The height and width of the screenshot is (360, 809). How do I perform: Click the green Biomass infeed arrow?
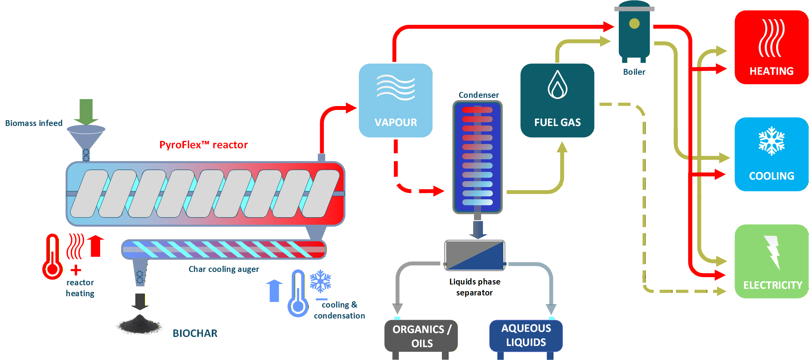[86, 111]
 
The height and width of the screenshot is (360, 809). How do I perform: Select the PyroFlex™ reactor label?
[204, 145]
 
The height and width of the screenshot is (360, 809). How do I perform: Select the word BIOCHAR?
[195, 333]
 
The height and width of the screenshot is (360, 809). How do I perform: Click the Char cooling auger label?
[223, 269]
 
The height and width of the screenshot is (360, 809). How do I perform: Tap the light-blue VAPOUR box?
[396, 101]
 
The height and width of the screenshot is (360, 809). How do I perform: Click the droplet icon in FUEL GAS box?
[557, 85]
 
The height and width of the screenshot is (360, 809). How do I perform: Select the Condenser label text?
[479, 95]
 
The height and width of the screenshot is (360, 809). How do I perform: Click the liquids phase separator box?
[475, 256]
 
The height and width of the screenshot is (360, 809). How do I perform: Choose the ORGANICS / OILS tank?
[421, 337]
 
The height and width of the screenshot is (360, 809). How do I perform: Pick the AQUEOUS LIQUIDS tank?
[526, 336]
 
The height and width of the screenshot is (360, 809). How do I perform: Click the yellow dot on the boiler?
[634, 24]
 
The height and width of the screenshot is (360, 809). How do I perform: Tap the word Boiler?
[634, 72]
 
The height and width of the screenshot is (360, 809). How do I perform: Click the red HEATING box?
[771, 47]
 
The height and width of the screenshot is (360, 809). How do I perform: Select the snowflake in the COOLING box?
[771, 141]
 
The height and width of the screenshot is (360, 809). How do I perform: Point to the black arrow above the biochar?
[140, 302]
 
